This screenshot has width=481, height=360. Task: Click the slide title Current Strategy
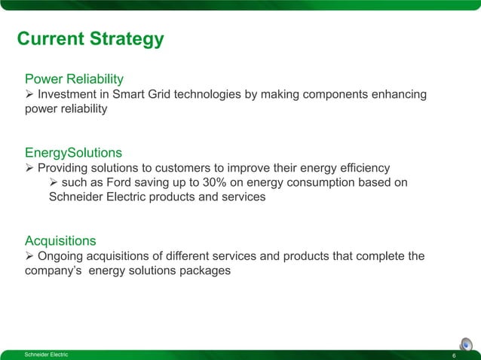click(90, 39)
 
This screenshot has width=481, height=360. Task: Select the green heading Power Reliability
click(74, 78)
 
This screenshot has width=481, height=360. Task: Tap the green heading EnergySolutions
click(73, 153)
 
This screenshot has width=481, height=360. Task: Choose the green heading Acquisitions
click(60, 241)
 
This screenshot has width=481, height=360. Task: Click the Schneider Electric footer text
click(46, 355)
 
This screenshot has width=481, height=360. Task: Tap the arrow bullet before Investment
click(30, 94)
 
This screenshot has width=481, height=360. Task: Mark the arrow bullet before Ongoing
click(30, 256)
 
